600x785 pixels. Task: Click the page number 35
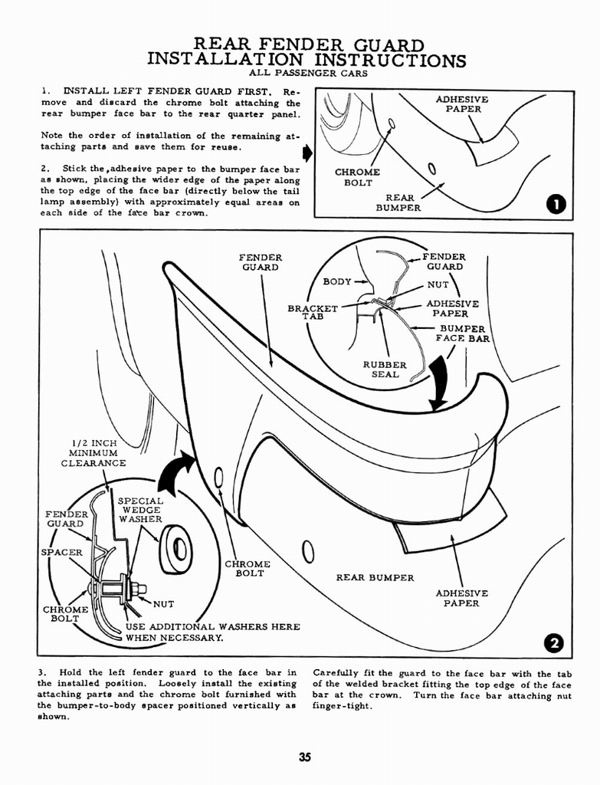pyautogui.click(x=305, y=758)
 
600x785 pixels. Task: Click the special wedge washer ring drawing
pyautogui.click(x=176, y=549)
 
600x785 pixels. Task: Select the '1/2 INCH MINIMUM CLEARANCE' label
pyautogui.click(x=93, y=453)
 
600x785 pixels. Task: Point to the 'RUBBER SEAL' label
pyautogui.click(x=385, y=370)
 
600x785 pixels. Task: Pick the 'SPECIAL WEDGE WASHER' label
pyautogui.click(x=141, y=510)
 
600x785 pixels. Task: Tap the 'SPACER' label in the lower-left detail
pyautogui.click(x=61, y=552)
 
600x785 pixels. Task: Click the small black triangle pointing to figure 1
pyautogui.click(x=307, y=153)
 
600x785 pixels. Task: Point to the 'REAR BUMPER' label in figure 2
pyautogui.click(x=375, y=577)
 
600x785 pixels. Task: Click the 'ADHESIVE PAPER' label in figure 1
pyautogui.click(x=462, y=104)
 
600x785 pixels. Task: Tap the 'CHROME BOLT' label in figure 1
pyautogui.click(x=357, y=177)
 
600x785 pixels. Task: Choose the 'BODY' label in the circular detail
pyautogui.click(x=337, y=281)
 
